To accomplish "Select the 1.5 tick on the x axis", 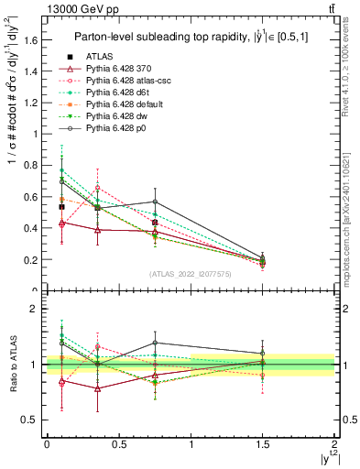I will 263,443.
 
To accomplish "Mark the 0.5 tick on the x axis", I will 119,443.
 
